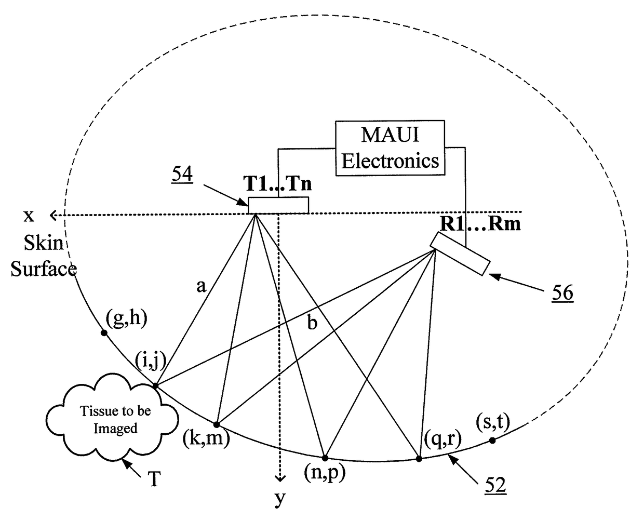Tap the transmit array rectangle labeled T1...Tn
point(278,205)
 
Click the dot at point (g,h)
point(104,332)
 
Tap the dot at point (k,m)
point(217,424)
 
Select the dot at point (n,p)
point(325,458)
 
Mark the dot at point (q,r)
point(419,458)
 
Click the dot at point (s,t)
point(492,441)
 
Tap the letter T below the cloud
point(154,479)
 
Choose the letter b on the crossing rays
point(312,324)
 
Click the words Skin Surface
point(44,256)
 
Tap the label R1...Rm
point(480,224)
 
